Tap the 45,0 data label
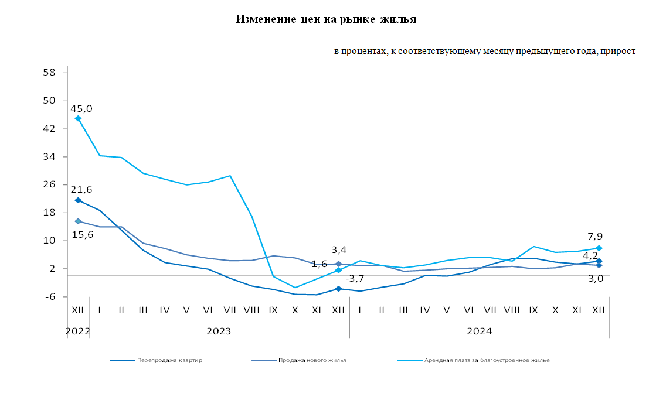point(81,108)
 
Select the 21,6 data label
point(81,190)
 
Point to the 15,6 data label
point(82,234)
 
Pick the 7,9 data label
point(596,237)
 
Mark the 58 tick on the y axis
point(49,73)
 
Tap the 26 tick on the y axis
point(49,184)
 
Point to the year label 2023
point(219,331)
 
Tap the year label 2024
point(479,331)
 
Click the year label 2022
point(77,331)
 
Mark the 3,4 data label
point(339,250)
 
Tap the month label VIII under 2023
point(251,309)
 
